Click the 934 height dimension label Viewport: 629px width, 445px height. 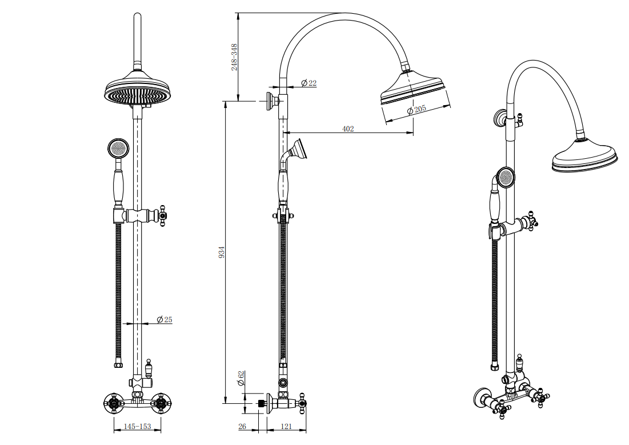[x=222, y=252]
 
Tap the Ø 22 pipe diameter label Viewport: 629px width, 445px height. [x=309, y=83]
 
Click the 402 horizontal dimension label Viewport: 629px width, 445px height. [x=348, y=129]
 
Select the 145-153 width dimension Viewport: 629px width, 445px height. [x=137, y=427]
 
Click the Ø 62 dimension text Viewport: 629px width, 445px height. [x=241, y=378]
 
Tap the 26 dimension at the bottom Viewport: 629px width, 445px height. [x=242, y=427]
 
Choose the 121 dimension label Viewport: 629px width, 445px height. [x=287, y=427]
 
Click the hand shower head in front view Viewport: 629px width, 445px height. [x=117, y=149]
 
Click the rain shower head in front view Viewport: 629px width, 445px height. [x=138, y=91]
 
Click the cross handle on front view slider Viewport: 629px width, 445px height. [x=163, y=217]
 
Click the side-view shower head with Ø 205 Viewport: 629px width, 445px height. [x=411, y=89]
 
